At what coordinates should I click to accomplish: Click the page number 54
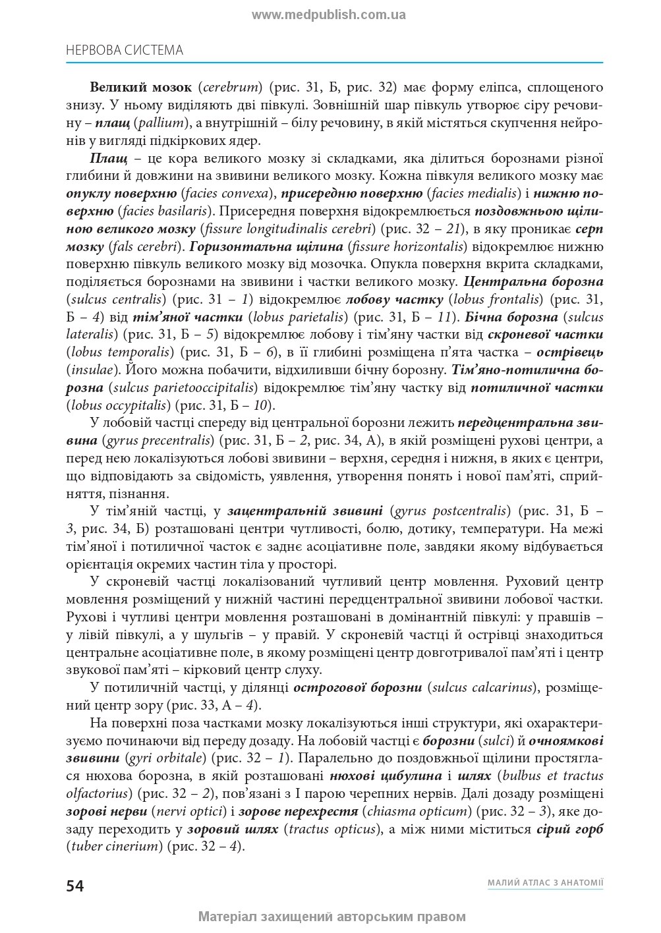click(x=75, y=885)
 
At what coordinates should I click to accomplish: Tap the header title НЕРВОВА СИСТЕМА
click(x=125, y=50)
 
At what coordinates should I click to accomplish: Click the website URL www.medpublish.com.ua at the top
click(x=329, y=14)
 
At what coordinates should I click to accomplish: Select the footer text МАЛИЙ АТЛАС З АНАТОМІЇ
click(x=545, y=882)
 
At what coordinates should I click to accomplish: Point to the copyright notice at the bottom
click(x=332, y=916)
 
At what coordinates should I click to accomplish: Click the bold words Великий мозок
click(x=140, y=87)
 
